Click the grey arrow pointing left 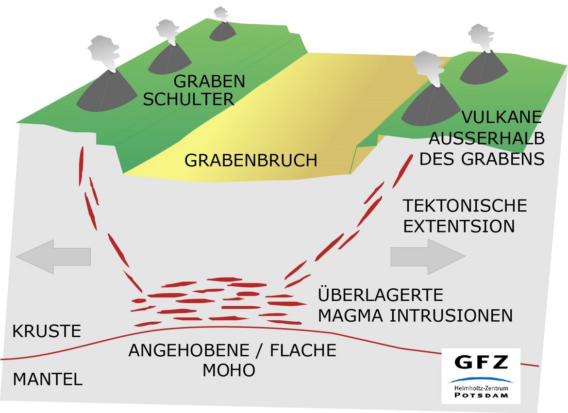point(53,257)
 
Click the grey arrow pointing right point(428,257)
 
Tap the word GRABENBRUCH point(251,160)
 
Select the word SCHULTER point(188,99)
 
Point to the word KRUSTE point(47,331)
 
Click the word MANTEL point(48,380)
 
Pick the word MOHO point(229,370)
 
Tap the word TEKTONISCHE point(465,205)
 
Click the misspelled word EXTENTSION point(459,226)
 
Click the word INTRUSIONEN point(451,315)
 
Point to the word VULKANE point(501,117)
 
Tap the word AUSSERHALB point(487,138)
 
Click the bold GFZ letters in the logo point(482,362)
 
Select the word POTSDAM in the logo point(482,395)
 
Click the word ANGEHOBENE point(189,350)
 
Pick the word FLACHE point(303,350)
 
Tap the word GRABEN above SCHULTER point(209,81)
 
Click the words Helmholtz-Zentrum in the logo point(482,388)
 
